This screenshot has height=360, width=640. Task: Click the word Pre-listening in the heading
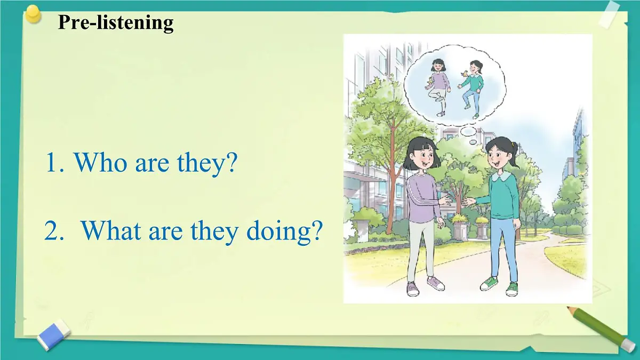(x=116, y=22)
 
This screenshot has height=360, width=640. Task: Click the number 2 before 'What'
(x=51, y=231)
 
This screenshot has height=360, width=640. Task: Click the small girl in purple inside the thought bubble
(x=439, y=86)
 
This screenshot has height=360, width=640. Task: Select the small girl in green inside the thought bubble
(x=472, y=87)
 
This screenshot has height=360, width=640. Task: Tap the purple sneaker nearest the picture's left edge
(x=412, y=289)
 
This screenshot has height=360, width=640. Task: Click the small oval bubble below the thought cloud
(x=468, y=131)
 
